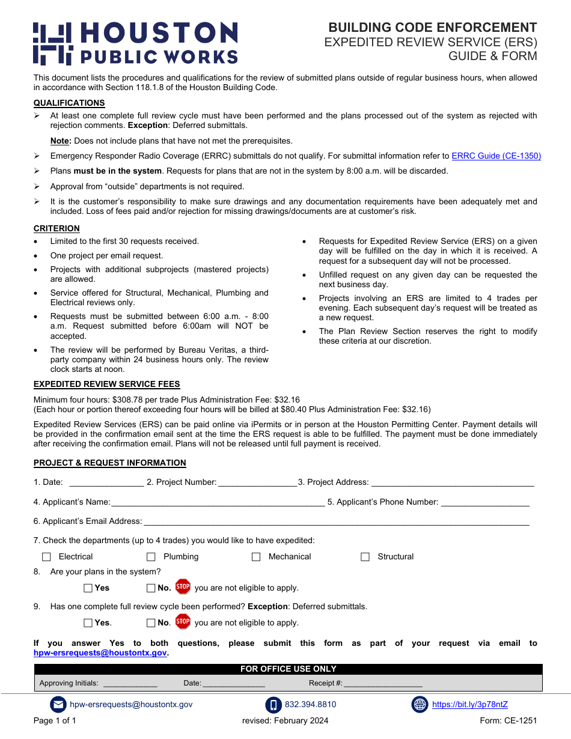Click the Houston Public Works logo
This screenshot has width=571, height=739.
(135, 43)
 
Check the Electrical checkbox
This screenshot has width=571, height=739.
(46, 557)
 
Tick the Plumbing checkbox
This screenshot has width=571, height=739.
(151, 557)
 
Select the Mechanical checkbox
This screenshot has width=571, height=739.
(256, 557)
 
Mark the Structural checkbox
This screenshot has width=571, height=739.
(365, 557)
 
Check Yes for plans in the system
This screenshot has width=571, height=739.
(88, 588)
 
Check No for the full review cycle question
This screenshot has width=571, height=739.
(151, 623)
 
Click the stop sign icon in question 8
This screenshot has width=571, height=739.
(183, 587)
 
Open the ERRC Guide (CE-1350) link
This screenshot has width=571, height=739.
(496, 156)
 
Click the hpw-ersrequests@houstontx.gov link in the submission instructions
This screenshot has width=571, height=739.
(100, 653)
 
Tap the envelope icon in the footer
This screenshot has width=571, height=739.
(58, 705)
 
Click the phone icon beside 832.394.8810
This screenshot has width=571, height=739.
(273, 705)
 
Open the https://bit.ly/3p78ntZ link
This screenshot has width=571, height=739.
(469, 705)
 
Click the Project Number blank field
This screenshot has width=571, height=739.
(257, 482)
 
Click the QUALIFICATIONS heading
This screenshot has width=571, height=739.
(69, 103)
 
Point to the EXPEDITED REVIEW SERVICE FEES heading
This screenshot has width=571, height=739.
(106, 384)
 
